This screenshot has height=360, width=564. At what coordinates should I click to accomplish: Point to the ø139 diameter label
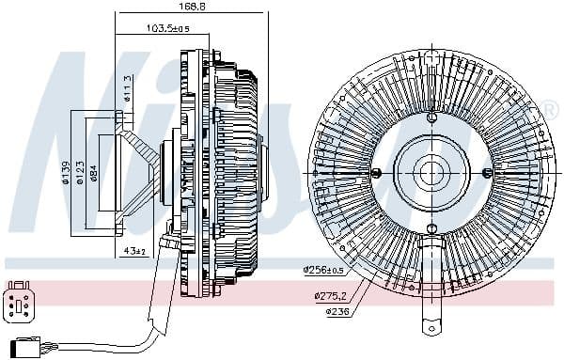click(x=67, y=173)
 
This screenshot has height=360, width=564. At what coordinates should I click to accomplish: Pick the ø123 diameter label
click(x=80, y=173)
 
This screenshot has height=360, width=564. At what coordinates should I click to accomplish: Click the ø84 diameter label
click(x=94, y=173)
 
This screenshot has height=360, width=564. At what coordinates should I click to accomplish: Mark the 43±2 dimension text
click(x=135, y=251)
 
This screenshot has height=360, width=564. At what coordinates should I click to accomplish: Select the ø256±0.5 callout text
click(x=322, y=270)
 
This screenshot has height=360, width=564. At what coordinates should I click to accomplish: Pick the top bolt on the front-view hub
click(x=431, y=117)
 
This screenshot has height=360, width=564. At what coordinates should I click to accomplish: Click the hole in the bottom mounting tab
click(x=431, y=329)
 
